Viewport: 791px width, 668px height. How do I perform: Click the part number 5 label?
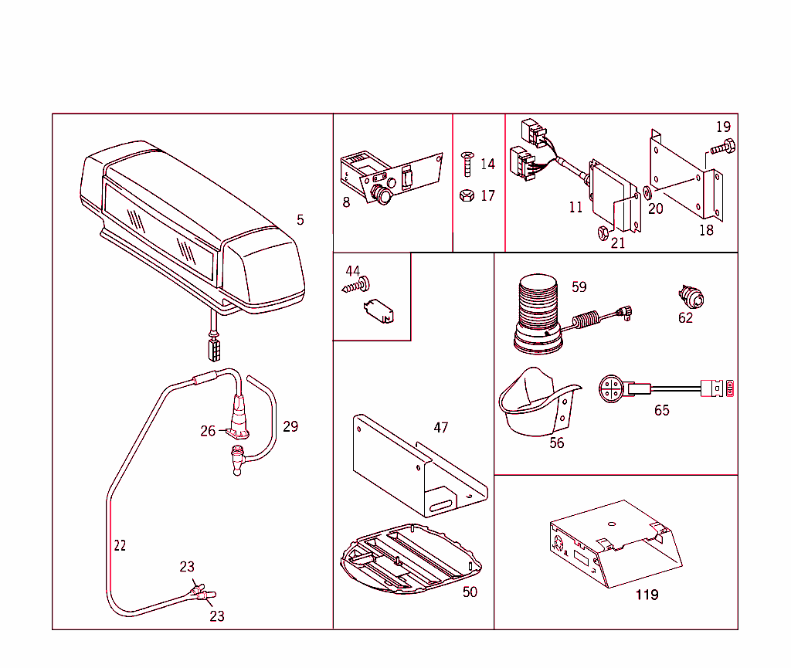tap(300, 220)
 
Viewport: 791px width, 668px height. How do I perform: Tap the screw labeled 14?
tap(466, 164)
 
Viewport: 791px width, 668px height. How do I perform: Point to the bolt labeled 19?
tap(723, 146)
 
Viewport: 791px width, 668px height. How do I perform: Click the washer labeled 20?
tap(646, 192)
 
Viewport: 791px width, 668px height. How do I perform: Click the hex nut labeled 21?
tap(603, 232)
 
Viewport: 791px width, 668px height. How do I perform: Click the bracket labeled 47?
tap(417, 471)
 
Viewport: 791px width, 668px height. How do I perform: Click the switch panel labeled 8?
tap(389, 177)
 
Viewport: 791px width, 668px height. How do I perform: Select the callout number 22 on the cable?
tap(120, 545)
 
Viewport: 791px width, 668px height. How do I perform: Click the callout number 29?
tap(290, 426)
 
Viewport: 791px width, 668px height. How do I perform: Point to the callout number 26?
tap(208, 431)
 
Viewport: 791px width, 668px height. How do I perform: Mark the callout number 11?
tap(576, 207)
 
